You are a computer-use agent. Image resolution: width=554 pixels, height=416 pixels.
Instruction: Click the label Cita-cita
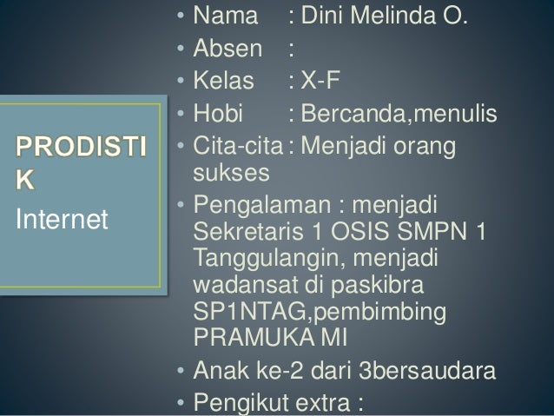236,147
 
